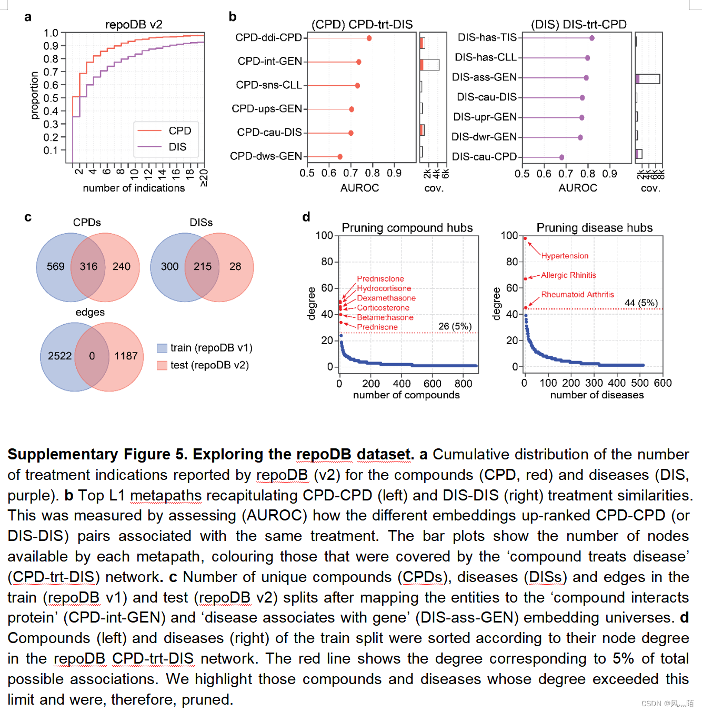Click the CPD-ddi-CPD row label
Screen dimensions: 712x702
click(268, 37)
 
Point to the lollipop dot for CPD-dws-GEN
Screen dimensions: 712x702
click(340, 157)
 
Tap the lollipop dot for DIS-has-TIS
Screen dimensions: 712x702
click(592, 38)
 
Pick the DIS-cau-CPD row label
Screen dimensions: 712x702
click(484, 157)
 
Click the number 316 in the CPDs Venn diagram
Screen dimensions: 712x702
click(88, 267)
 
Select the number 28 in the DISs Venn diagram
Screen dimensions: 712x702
click(235, 267)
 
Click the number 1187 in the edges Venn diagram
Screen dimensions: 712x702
click(126, 356)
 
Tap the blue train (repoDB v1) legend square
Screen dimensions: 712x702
click(162, 348)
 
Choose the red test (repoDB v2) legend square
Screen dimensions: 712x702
click(162, 365)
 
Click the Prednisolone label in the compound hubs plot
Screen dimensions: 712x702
click(380, 279)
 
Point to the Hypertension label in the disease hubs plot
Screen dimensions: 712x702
click(565, 256)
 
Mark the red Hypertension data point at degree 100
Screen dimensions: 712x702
click(525, 238)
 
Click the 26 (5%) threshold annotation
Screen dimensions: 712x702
click(455, 326)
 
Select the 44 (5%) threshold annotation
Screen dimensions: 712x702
click(641, 303)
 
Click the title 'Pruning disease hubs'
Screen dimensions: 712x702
click(594, 228)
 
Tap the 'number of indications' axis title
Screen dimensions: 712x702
click(134, 188)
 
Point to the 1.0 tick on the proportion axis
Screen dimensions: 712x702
click(51, 33)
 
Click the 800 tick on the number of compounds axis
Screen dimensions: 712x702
click(463, 384)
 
